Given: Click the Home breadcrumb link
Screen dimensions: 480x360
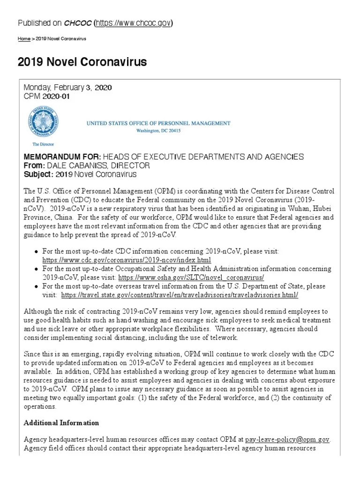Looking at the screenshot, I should point(23,38).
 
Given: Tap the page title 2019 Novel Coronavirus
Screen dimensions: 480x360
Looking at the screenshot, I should point(82,62).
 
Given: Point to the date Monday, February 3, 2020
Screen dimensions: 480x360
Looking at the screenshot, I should point(67,88).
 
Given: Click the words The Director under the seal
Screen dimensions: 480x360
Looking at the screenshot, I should point(44,145).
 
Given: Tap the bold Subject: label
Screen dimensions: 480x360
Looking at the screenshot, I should point(38,174).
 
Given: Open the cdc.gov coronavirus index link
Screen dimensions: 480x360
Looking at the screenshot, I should point(127,260).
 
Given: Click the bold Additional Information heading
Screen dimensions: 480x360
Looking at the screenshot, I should point(61,423).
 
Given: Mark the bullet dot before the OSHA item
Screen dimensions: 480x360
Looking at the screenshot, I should point(36,269).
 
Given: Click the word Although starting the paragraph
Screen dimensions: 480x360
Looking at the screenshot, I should point(40,312).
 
